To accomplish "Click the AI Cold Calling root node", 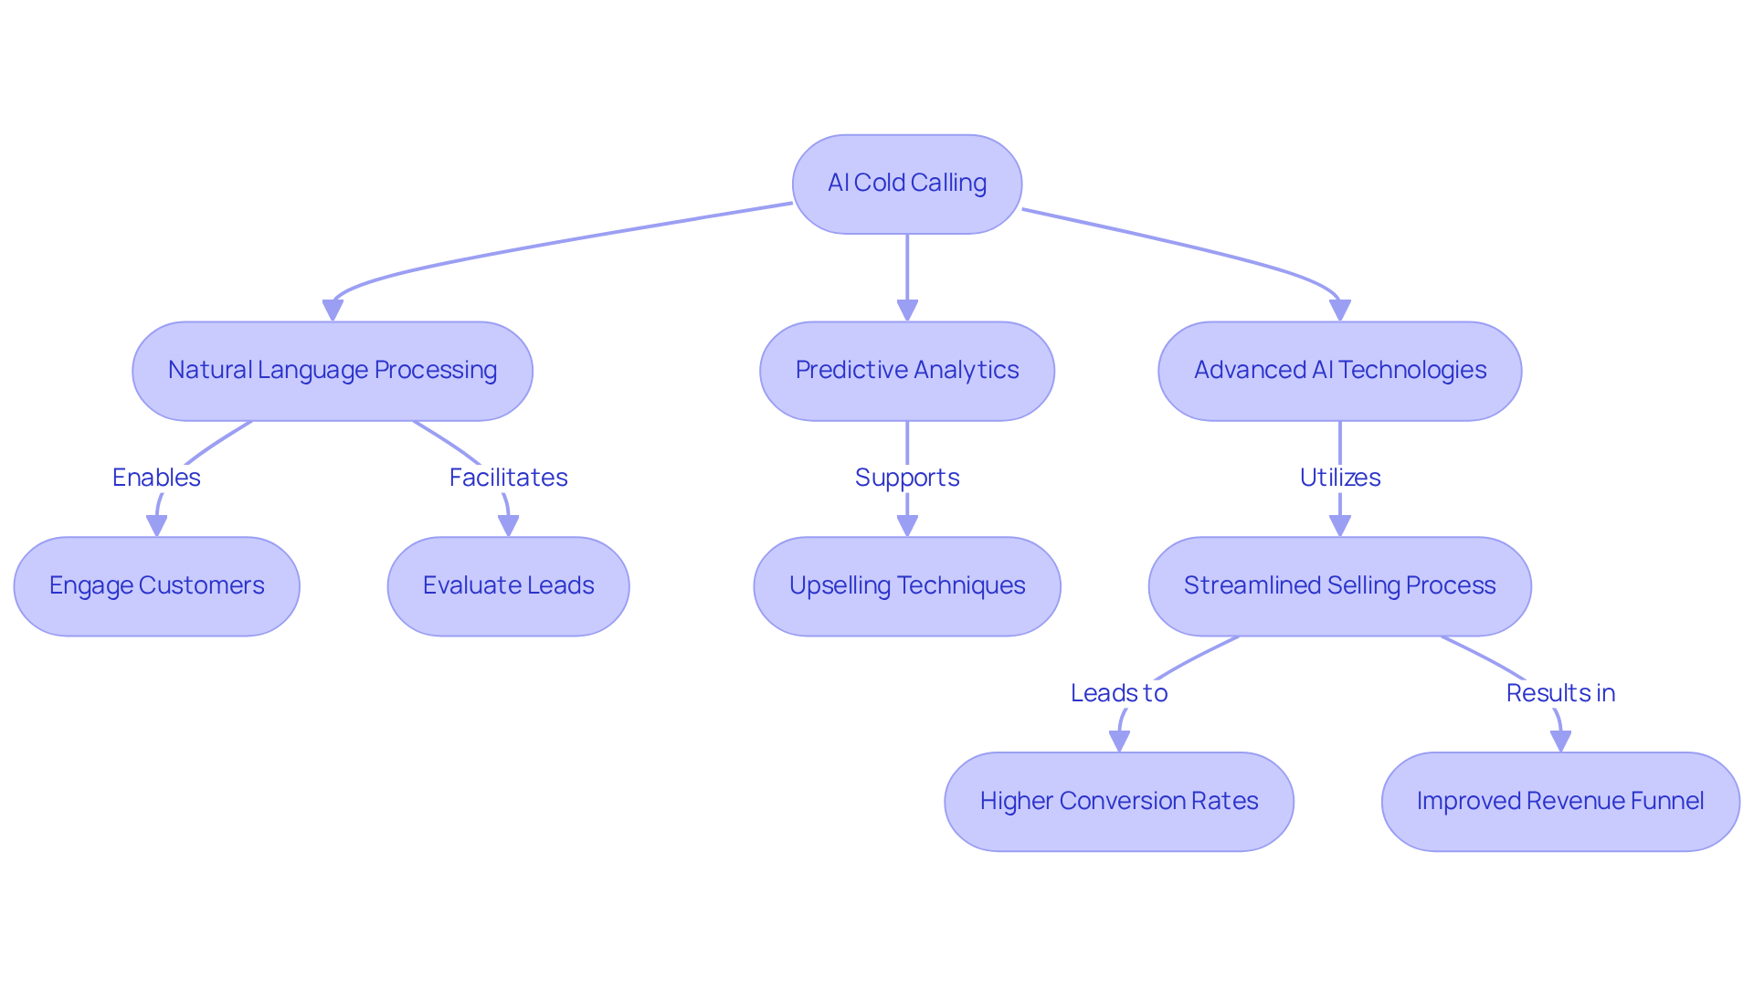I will [x=906, y=184].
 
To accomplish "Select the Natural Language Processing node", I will [x=333, y=370].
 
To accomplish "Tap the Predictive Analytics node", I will [x=906, y=370].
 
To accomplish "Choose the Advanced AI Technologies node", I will [x=1339, y=370].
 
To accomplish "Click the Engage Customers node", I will [x=156, y=585].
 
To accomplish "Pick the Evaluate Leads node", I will [x=508, y=585].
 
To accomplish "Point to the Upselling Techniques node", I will [x=906, y=585].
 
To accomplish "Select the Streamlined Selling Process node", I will [x=1339, y=585].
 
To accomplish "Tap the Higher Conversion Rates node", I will [x=1118, y=801].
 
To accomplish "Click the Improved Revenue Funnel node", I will [x=1560, y=801].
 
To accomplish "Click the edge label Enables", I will [x=156, y=477].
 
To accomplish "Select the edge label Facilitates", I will [x=508, y=477].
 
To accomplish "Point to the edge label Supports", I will [x=906, y=477].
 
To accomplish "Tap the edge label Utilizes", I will [x=1339, y=477].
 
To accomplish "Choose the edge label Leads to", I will [x=1118, y=692].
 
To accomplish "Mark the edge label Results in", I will [x=1560, y=692].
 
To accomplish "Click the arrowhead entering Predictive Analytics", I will [x=906, y=310].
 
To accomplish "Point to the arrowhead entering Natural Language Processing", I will [x=333, y=310].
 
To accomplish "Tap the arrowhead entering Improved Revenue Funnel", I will [x=1560, y=742].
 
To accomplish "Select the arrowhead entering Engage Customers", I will [x=156, y=526].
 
